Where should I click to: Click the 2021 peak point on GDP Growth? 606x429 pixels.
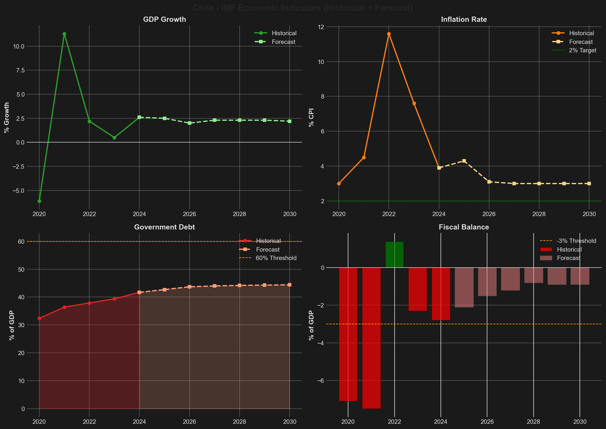(x=64, y=34)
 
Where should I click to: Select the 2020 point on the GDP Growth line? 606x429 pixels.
(x=39, y=201)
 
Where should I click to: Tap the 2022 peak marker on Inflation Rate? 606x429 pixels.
(x=389, y=34)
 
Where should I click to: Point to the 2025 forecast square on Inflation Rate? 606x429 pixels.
(x=464, y=161)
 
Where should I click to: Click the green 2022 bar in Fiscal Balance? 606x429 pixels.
(x=394, y=254)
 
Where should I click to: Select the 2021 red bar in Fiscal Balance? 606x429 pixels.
(x=371, y=337)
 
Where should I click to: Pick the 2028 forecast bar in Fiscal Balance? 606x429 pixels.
(x=534, y=275)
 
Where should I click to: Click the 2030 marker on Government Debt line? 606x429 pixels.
(x=290, y=285)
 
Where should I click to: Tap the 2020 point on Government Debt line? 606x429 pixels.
(x=39, y=318)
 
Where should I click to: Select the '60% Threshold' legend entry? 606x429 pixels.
(x=276, y=258)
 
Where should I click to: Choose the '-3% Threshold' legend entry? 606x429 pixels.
(x=576, y=241)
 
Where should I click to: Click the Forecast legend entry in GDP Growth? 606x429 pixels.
(x=283, y=42)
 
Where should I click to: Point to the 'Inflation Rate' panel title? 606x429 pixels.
(x=464, y=19)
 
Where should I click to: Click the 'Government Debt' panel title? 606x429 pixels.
(x=164, y=227)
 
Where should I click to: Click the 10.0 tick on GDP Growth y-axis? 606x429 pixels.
(x=22, y=46)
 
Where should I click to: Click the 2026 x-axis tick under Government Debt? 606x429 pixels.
(x=189, y=422)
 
